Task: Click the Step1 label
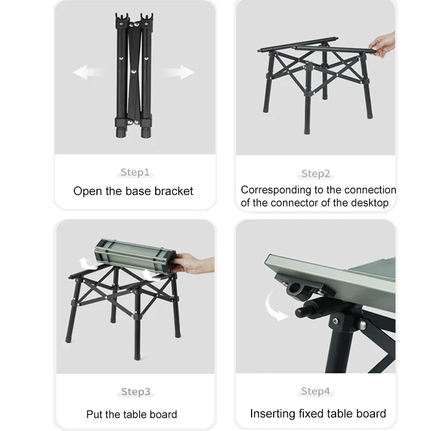135,172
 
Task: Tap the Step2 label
316,173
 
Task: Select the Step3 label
135,392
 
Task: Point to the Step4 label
316,391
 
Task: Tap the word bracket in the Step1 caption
173,191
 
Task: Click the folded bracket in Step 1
133,75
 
